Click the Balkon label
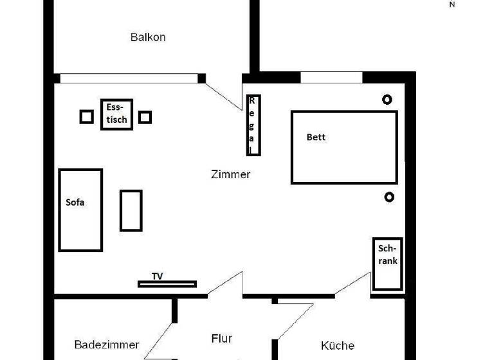(x=148, y=37)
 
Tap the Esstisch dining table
(x=116, y=114)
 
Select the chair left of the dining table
(x=87, y=117)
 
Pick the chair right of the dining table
(x=145, y=117)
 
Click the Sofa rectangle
(x=80, y=210)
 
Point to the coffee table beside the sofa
(x=131, y=210)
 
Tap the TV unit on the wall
(x=167, y=283)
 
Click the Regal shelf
(x=253, y=125)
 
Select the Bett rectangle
(x=344, y=147)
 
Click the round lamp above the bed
(x=387, y=99)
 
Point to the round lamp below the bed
(x=389, y=197)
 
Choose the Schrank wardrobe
(x=388, y=264)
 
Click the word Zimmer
(x=230, y=174)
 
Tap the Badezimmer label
(x=107, y=345)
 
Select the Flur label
(x=221, y=338)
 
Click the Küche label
(x=337, y=346)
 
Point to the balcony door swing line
(x=224, y=94)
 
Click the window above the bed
(x=331, y=78)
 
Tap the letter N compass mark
(x=452, y=4)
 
